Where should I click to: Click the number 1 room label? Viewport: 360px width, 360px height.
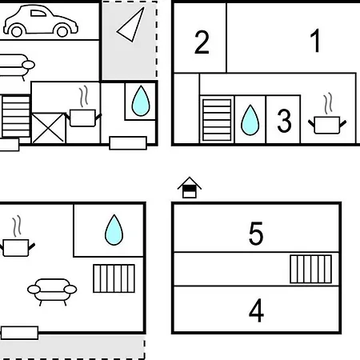[316, 41]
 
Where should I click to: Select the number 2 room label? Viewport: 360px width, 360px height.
[202, 42]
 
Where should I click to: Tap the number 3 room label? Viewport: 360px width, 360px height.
[284, 121]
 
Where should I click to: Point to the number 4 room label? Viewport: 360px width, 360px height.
[256, 310]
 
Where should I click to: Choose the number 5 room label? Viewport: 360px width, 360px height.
[256, 234]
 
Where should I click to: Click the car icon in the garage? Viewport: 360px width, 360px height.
[41, 21]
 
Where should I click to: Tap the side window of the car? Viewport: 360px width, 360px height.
[38, 14]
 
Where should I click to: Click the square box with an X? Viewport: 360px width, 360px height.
[48, 128]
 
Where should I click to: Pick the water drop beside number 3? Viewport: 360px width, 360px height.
[250, 120]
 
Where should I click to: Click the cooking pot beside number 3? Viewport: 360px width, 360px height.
[327, 125]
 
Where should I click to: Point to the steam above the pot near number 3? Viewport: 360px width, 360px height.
[328, 103]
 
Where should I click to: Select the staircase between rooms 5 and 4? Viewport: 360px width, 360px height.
[311, 269]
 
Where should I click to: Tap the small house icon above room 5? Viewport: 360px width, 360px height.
[190, 187]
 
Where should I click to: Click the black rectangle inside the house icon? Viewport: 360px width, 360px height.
[190, 189]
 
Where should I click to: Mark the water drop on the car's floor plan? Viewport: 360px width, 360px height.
[141, 101]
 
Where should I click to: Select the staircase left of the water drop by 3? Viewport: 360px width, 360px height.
[217, 120]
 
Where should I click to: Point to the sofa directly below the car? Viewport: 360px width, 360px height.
[16, 66]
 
